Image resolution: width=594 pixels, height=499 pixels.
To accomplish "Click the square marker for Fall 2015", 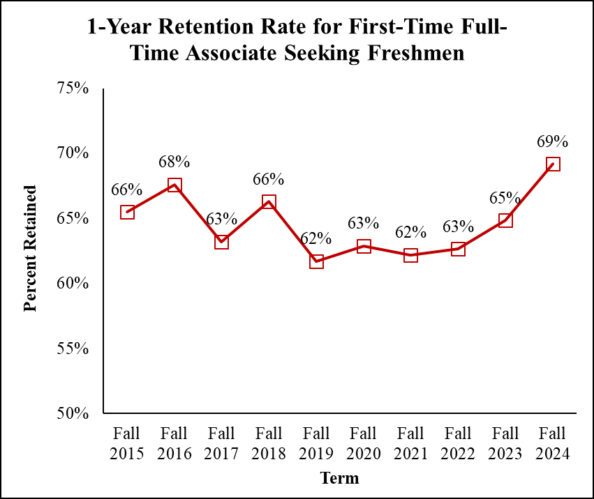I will point(127,212).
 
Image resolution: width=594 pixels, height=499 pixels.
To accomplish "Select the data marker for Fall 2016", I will point(175,185).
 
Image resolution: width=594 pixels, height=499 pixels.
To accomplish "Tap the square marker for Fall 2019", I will point(316,261).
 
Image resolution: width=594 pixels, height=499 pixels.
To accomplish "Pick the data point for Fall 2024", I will point(553,164).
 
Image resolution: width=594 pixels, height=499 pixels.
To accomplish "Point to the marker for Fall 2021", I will point(410,256).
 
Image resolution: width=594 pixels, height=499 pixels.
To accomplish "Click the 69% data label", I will point(553,141).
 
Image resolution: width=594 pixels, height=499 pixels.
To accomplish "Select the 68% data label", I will point(175,162).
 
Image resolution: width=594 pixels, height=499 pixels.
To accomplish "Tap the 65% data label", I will point(505,197).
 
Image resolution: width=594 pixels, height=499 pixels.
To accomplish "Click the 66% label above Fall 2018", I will point(269,178).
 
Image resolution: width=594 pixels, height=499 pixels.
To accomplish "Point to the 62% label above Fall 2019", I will point(316,238).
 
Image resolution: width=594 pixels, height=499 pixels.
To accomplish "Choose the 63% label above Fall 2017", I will point(222,218).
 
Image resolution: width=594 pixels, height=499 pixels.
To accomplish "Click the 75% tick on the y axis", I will point(73,89).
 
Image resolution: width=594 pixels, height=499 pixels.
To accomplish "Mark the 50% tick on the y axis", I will point(73,413).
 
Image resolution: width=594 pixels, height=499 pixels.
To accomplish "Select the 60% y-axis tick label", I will point(73,284).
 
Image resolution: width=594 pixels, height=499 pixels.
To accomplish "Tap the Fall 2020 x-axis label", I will point(364,443).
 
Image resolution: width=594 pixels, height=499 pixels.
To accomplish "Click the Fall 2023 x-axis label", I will point(505,443).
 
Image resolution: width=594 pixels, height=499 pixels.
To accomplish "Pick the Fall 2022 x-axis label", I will point(458,443).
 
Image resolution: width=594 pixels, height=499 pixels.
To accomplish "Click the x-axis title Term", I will point(339,478).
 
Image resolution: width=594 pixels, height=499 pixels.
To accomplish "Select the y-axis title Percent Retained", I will point(30,248).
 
